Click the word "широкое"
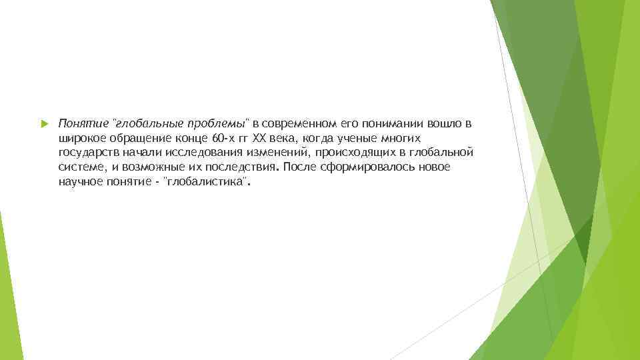[x=79, y=138]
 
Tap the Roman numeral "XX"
[x=256, y=138]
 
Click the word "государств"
[x=87, y=153]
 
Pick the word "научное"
[x=79, y=181]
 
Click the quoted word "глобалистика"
[x=206, y=181]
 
